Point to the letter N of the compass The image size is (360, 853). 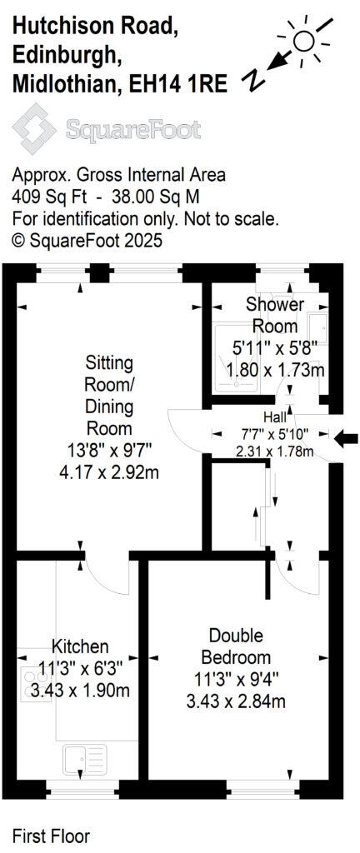(252, 80)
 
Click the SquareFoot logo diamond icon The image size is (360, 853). (34, 130)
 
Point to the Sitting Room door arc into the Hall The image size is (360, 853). (185, 428)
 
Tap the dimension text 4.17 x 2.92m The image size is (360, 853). (109, 473)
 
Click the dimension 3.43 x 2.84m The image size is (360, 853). (236, 701)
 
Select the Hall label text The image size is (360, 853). (274, 417)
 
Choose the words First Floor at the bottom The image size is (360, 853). (51, 835)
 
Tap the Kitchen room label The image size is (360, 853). (81, 646)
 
